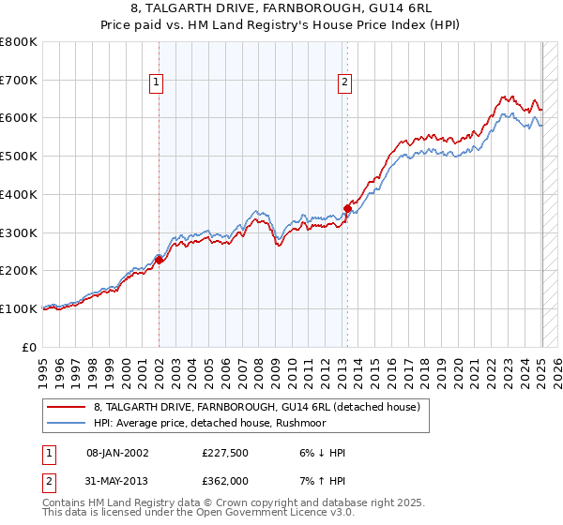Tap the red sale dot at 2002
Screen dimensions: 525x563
tap(159, 261)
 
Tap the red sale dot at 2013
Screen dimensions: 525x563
tap(347, 209)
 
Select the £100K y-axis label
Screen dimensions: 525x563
tap(19, 308)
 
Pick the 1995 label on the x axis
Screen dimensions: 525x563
tap(43, 367)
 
